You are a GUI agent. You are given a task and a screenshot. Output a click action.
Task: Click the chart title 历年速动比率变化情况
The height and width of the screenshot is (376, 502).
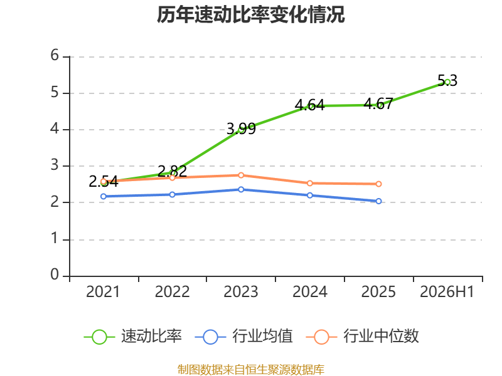point(250,14)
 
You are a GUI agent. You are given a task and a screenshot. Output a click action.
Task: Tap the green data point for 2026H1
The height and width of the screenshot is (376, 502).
point(447,82)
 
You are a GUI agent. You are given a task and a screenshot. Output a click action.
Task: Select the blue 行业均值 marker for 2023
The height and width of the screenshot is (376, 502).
point(241,190)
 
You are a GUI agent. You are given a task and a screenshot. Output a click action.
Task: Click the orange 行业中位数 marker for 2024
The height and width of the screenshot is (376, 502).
point(310,183)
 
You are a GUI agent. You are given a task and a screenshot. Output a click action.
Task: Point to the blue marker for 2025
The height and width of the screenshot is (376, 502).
point(378,201)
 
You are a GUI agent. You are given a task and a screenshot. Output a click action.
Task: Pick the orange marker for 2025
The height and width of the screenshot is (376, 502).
point(378,184)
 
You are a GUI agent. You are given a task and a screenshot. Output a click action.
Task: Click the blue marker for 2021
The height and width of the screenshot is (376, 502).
point(104,196)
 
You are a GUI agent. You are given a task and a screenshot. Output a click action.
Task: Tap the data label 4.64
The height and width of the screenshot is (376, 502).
point(309,105)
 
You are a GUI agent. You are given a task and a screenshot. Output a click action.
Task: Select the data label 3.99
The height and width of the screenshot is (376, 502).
point(241,128)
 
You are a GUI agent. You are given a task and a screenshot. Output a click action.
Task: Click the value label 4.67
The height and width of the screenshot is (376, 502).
point(378,104)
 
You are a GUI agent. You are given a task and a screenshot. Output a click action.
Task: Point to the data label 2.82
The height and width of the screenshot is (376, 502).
point(172,171)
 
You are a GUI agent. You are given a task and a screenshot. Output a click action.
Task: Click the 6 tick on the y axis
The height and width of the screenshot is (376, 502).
point(55,55)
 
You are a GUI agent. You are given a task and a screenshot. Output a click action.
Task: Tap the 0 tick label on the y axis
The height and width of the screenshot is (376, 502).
point(55,274)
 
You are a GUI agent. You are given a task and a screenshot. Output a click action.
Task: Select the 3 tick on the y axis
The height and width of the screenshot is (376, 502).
point(55,165)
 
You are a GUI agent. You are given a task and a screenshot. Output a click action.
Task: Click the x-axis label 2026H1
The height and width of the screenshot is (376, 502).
point(447,291)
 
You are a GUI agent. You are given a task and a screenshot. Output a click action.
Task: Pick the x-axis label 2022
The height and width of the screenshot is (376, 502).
point(172,291)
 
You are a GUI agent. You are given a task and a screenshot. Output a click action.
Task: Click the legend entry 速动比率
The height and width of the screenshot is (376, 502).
point(133,337)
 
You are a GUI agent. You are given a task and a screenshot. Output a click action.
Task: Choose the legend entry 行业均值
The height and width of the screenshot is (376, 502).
point(243,337)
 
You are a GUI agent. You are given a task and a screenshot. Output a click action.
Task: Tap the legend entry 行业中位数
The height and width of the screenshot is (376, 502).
point(363,337)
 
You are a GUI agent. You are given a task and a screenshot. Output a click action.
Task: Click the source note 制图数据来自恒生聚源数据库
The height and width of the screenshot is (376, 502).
point(251,370)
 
